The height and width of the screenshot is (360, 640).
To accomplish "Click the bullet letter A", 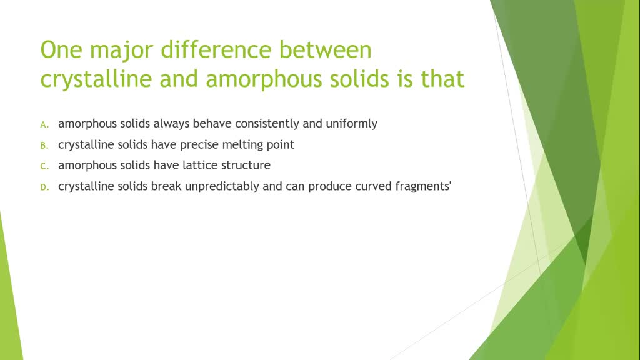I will coord(44,124).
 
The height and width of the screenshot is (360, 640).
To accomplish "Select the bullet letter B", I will coord(44,146).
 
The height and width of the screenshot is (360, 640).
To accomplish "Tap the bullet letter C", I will coord(44,167).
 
